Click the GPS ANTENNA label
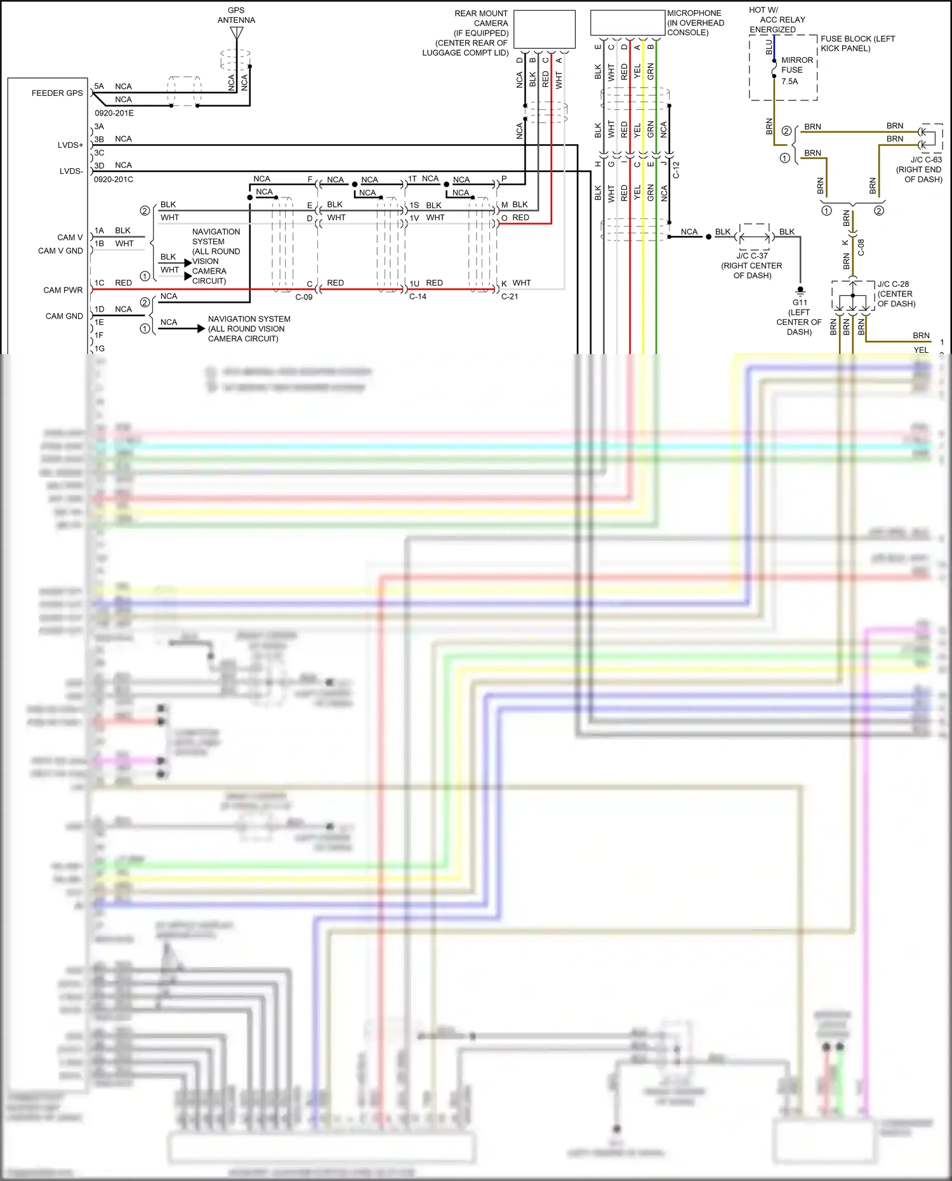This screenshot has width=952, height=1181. click(236, 15)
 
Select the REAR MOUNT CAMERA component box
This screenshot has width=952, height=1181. click(544, 29)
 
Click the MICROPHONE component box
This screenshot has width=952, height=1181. click(627, 23)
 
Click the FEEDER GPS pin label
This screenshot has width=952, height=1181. click(57, 93)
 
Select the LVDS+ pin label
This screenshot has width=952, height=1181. click(70, 145)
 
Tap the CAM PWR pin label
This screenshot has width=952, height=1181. click(63, 290)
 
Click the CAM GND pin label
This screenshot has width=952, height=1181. click(64, 316)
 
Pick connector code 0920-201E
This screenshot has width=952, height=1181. click(114, 113)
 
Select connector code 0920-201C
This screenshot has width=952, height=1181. click(114, 179)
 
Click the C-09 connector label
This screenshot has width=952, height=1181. click(303, 297)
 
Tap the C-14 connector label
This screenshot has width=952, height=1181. click(418, 296)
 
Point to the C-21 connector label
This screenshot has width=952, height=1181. click(510, 296)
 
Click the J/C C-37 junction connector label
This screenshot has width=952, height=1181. click(752, 256)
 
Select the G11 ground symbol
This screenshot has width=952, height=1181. click(800, 291)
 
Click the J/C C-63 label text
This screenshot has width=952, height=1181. click(926, 160)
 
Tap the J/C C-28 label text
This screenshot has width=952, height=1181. click(893, 284)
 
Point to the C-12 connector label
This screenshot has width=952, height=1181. click(676, 169)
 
